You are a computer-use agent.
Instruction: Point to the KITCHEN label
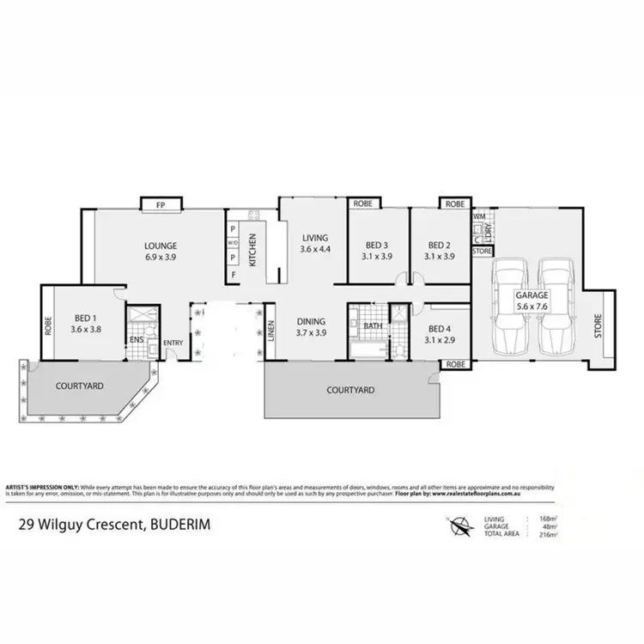click(252, 249)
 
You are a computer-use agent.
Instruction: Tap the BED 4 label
click(439, 328)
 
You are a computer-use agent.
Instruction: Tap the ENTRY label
click(173, 343)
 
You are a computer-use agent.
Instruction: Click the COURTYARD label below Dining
click(351, 389)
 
